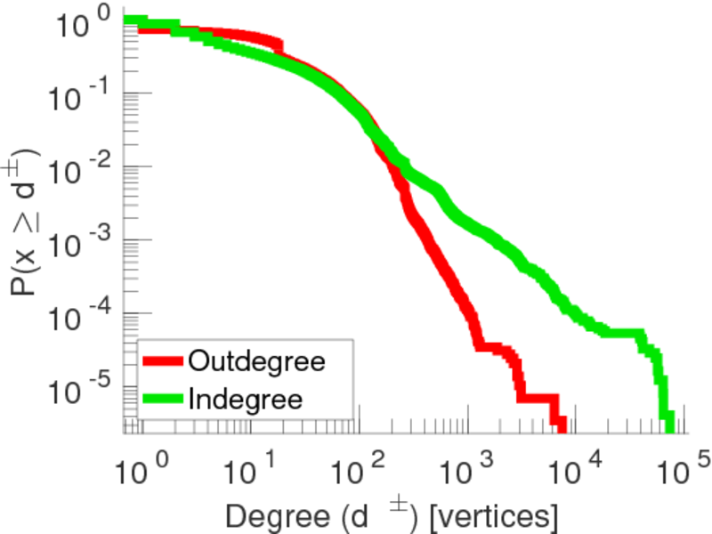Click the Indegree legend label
click(x=246, y=398)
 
